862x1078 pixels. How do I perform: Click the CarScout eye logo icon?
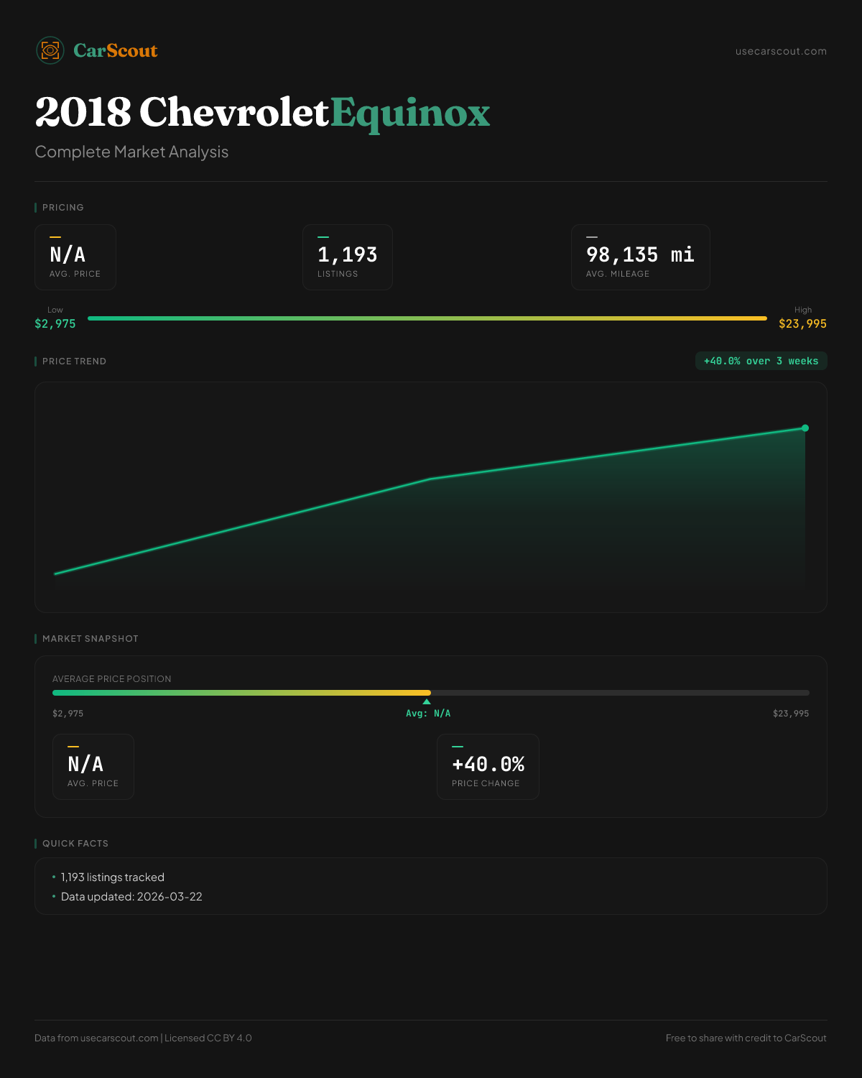coord(50,50)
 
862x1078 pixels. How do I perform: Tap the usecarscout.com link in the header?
coord(781,51)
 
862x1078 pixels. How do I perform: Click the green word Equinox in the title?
coord(410,113)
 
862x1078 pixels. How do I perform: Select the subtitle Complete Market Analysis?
coord(131,152)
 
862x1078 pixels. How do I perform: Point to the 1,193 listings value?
coord(347,254)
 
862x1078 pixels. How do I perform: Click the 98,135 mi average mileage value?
coord(640,254)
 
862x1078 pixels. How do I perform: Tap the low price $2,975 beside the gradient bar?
coord(55,323)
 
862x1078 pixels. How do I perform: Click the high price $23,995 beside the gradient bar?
coord(802,323)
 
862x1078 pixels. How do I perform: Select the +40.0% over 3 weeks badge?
coord(761,361)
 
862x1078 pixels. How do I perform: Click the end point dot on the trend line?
coord(805,428)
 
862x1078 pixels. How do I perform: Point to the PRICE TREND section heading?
coord(74,361)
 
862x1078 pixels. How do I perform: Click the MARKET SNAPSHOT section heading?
coord(90,639)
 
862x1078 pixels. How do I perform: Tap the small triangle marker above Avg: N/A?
coord(427,701)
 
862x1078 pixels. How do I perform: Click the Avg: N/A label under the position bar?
coord(428,714)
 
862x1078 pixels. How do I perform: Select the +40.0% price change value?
coord(488,764)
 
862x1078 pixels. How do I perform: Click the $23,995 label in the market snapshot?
coord(791,714)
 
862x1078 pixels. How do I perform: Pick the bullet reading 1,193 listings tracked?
coord(113,877)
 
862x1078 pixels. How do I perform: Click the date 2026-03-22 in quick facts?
coord(170,897)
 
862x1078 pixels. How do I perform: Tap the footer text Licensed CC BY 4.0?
coord(208,1038)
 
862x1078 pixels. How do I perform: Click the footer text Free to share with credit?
coord(746,1038)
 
